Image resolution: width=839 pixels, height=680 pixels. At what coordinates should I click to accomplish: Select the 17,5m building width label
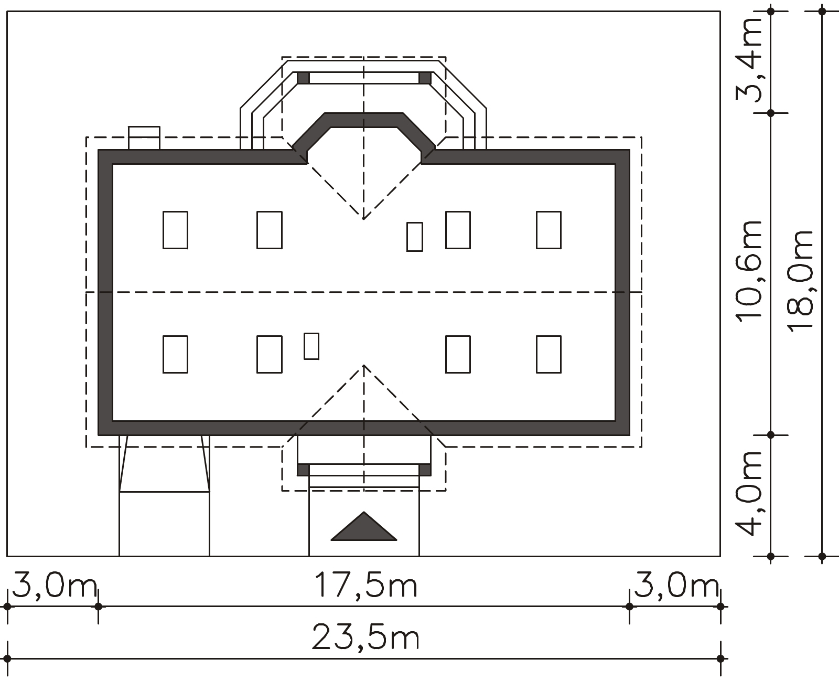(365, 585)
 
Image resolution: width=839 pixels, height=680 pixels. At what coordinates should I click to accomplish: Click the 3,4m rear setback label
(749, 60)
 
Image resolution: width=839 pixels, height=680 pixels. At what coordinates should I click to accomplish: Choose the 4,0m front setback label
(749, 494)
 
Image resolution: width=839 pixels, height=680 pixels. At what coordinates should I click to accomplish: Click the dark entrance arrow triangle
(363, 526)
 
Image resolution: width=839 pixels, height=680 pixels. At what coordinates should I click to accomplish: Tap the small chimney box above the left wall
(144, 137)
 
